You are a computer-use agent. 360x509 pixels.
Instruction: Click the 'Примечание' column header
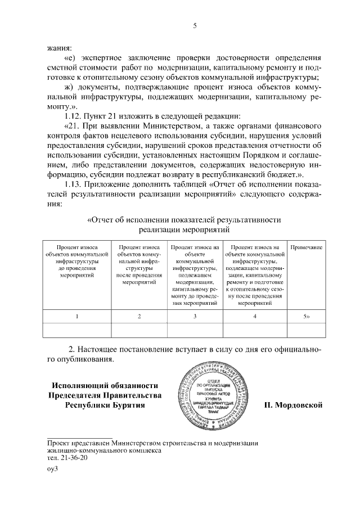[306, 247]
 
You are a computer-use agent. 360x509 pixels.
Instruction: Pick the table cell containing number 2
[139, 317]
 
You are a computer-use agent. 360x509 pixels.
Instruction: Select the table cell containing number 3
[195, 317]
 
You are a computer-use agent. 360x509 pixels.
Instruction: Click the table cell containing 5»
[305, 317]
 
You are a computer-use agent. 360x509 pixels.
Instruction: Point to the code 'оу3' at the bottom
[53, 470]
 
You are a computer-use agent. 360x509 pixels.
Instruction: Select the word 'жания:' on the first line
[60, 47]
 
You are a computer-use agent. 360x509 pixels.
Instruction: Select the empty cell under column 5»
[305, 330]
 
